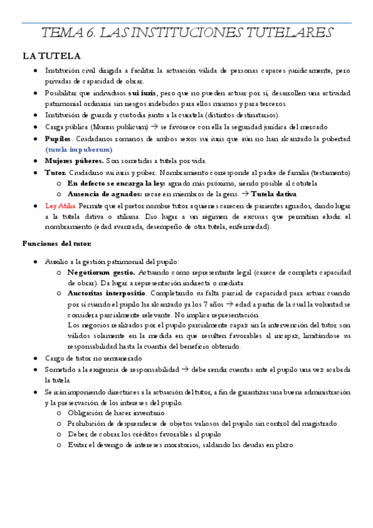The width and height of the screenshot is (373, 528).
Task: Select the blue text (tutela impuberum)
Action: click(79, 150)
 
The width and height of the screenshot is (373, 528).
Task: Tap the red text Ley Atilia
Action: click(61, 205)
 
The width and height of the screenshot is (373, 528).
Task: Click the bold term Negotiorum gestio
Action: click(101, 273)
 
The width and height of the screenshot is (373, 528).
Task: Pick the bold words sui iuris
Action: click(143, 93)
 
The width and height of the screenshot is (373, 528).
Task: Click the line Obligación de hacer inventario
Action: click(116, 413)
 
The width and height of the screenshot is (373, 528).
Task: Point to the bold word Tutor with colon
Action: click(56, 172)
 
